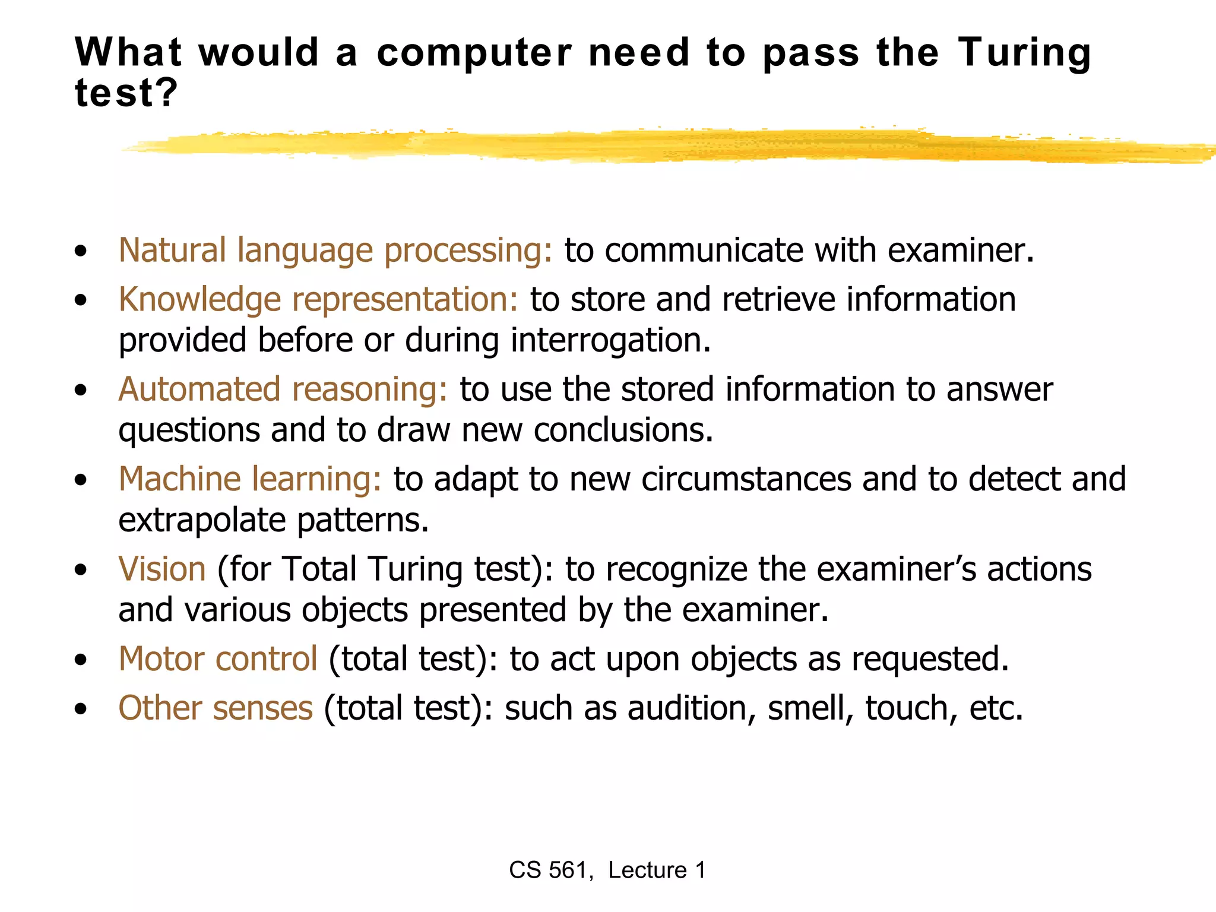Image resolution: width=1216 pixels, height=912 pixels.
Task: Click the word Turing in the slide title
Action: pyautogui.click(x=1024, y=54)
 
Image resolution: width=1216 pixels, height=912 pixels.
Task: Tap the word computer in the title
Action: pyautogui.click(x=474, y=54)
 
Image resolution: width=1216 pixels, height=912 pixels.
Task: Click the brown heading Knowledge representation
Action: pyautogui.click(x=318, y=299)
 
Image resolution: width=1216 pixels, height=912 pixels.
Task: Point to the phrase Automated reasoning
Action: pyautogui.click(x=283, y=389)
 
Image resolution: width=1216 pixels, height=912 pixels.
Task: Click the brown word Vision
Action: pyautogui.click(x=162, y=569)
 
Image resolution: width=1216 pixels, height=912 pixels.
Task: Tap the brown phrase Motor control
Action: pyautogui.click(x=218, y=659)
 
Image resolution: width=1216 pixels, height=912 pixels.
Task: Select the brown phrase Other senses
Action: pyautogui.click(x=216, y=708)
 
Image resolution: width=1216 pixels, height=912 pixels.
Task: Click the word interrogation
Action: pyautogui.click(x=610, y=341)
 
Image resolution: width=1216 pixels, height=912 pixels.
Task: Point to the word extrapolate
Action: pyautogui.click(x=202, y=521)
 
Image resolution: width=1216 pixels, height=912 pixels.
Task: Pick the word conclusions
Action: pyautogui.click(x=623, y=430)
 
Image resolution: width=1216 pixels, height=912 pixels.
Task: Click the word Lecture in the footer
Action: pyautogui.click(x=647, y=870)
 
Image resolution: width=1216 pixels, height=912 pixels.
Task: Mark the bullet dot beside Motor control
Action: pyautogui.click(x=81, y=660)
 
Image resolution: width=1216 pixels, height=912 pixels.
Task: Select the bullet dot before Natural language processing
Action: pyautogui.click(x=81, y=251)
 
